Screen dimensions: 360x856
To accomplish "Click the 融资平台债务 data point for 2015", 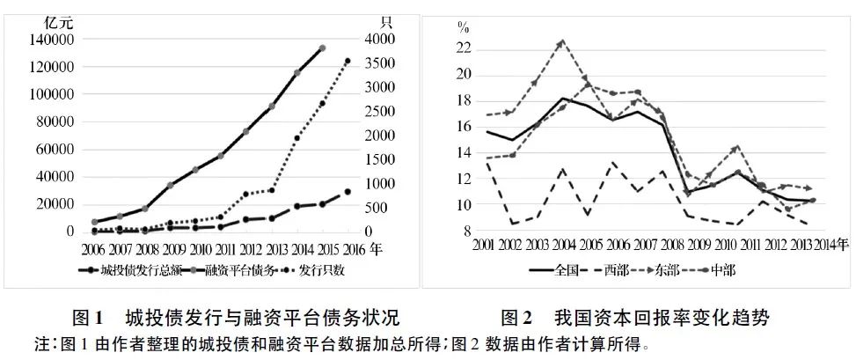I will [322, 48].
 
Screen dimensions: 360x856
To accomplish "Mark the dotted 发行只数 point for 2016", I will [348, 61].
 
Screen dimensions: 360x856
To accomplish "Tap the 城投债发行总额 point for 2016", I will [348, 191].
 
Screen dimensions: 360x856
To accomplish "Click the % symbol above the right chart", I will [461, 27].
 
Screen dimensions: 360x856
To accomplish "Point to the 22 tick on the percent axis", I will [465, 48].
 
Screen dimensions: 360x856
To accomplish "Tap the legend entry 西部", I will [617, 269].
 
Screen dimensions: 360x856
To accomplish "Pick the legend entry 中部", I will [720, 269].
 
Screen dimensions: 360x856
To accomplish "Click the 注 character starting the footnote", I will [42, 344].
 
